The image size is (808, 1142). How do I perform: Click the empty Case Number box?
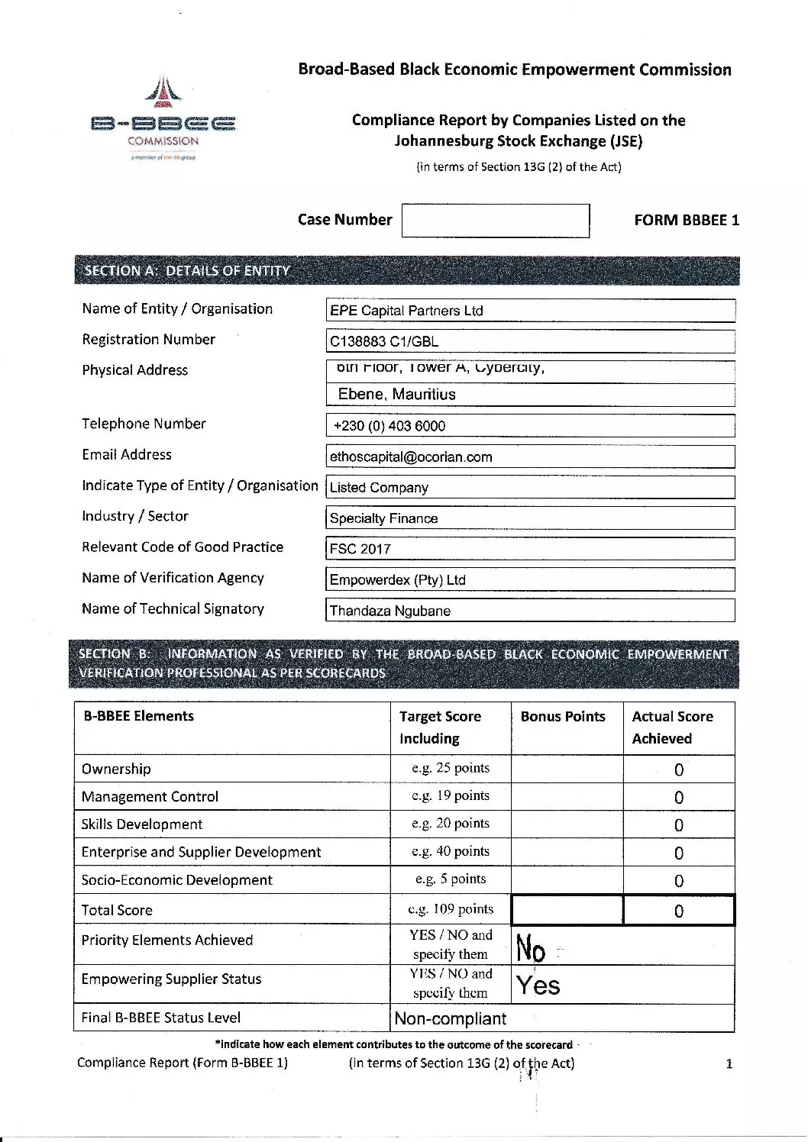coord(496,221)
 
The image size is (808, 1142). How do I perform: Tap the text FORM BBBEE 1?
coord(687,221)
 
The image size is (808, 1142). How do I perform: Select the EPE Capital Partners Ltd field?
coord(530,311)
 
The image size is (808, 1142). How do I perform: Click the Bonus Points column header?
coord(563,717)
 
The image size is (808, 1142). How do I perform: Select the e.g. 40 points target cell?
coord(451,852)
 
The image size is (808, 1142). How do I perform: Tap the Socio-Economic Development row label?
coord(177,880)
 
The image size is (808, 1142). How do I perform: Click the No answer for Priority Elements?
coord(532,948)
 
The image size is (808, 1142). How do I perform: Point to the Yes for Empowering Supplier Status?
coord(538,986)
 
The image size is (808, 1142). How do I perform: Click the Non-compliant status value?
coord(451,1019)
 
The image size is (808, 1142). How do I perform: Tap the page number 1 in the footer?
coord(729,1064)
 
